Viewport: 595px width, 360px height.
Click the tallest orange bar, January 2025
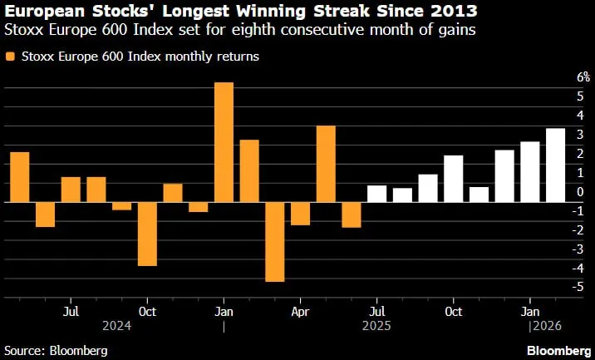(x=224, y=142)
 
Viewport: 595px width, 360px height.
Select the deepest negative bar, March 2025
(x=275, y=242)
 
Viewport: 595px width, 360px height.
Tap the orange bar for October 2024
(x=147, y=234)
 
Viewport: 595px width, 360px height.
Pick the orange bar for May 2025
(x=326, y=164)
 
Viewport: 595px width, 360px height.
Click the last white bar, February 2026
(x=556, y=165)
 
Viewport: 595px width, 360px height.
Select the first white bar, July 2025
(x=376, y=194)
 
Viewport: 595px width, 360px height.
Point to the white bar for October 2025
(x=454, y=179)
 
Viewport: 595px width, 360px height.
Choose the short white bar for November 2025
(x=479, y=195)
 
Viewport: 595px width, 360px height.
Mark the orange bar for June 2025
(x=352, y=215)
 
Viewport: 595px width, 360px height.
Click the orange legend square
(x=10, y=57)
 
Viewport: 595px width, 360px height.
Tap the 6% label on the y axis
(x=583, y=77)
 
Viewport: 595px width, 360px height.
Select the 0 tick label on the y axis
(x=581, y=192)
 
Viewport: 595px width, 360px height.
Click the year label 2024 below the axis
(x=117, y=326)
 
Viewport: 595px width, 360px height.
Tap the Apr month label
(x=300, y=312)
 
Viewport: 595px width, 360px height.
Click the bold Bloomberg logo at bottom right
(x=559, y=350)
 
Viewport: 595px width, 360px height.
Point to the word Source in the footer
(x=22, y=351)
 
